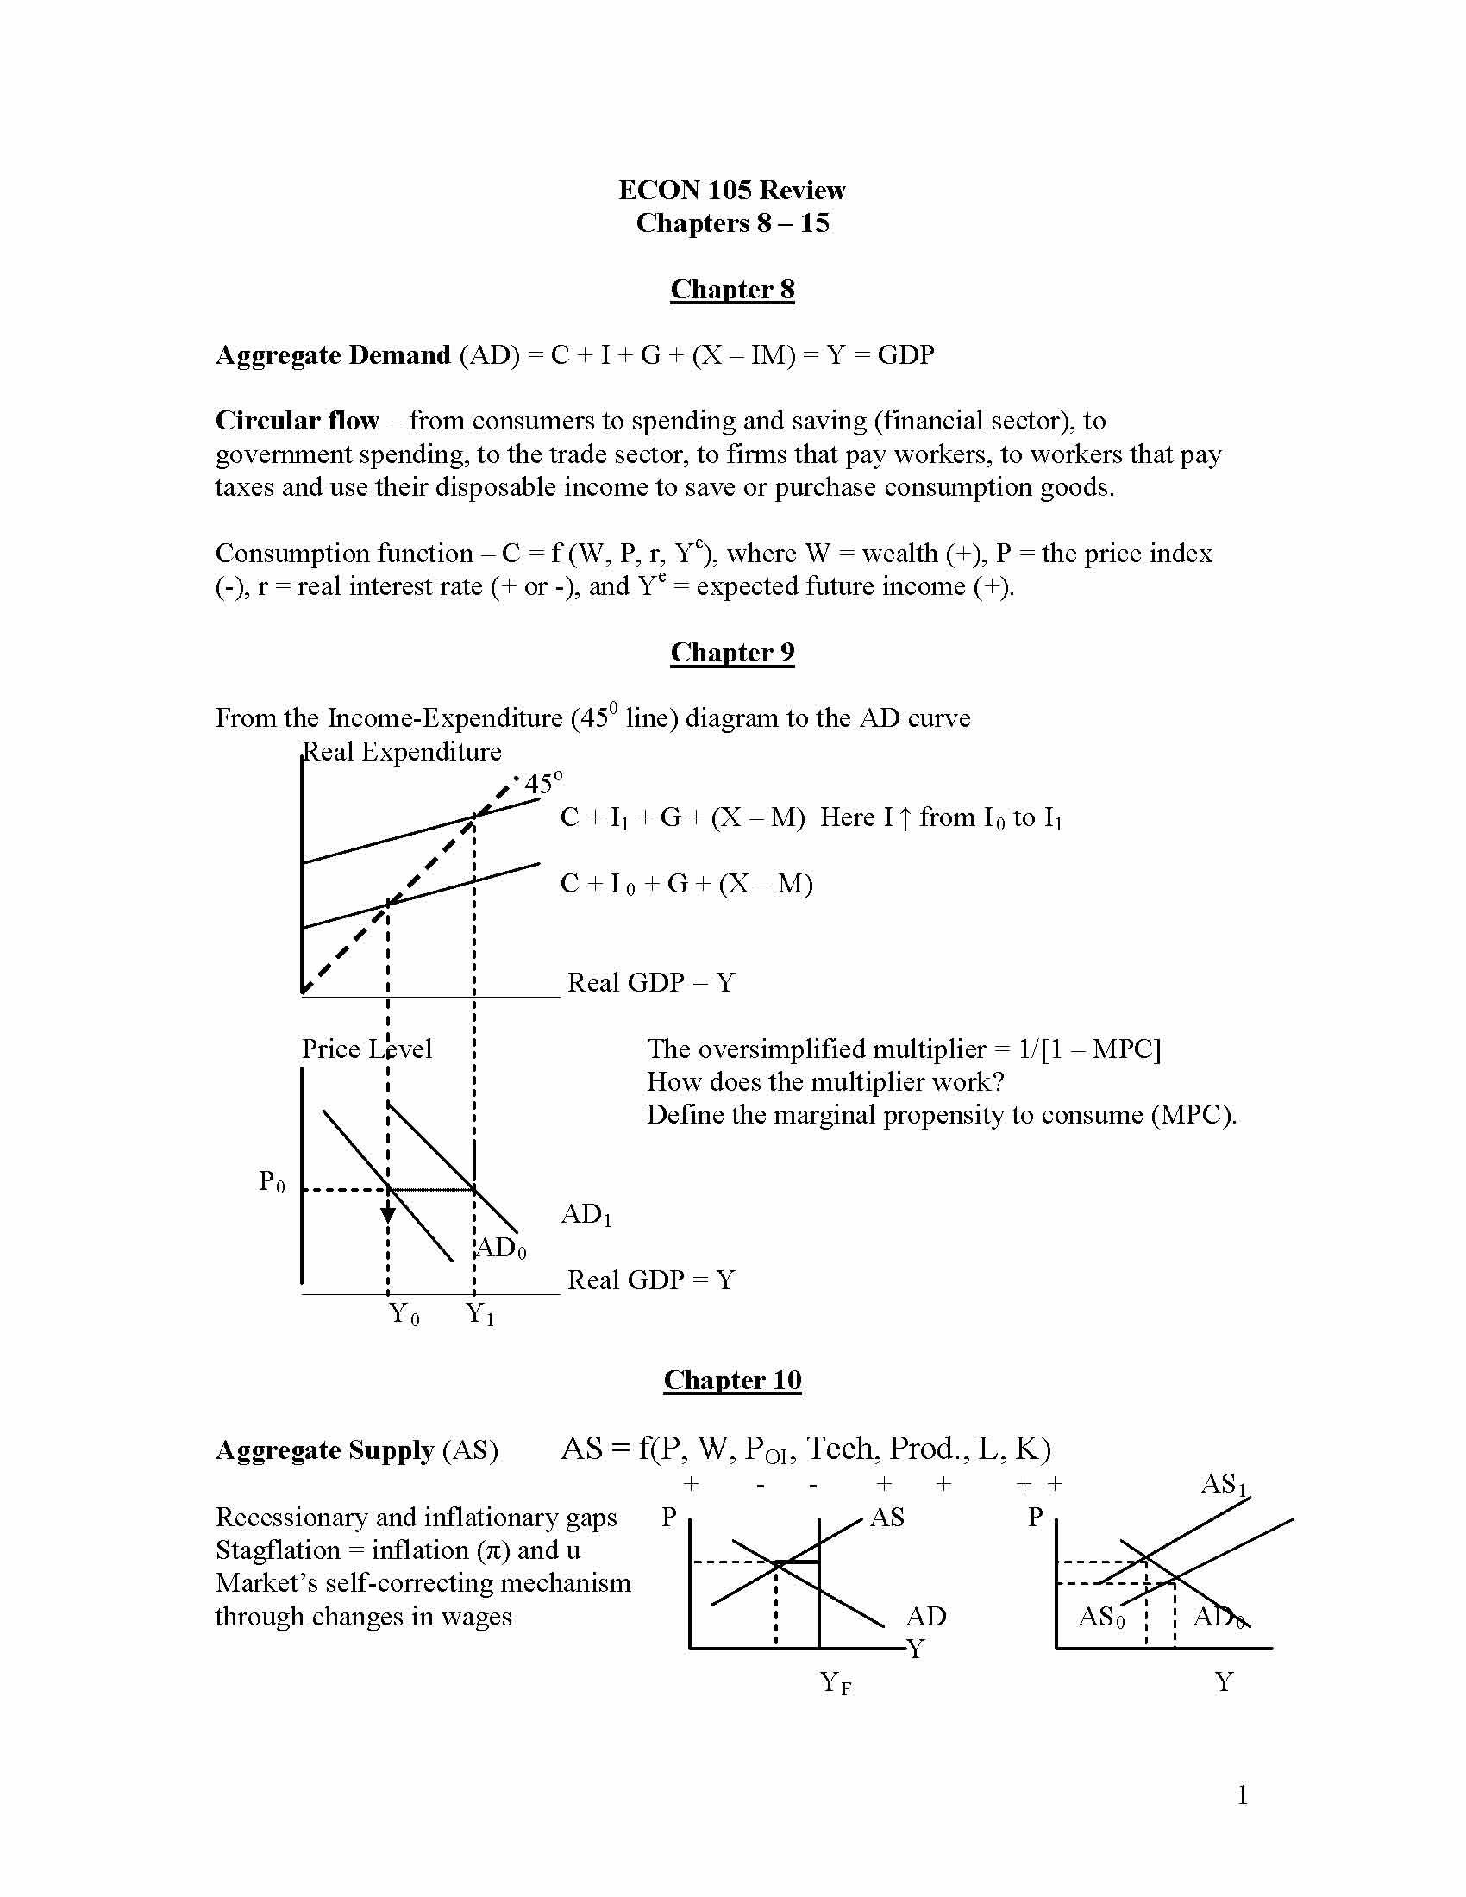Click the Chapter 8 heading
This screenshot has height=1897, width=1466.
[732, 289]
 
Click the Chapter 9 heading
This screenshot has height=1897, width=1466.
[732, 653]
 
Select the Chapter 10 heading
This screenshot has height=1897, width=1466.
[732, 1380]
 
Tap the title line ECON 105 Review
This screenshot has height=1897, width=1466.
[731, 191]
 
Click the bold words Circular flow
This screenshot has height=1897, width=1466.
[297, 422]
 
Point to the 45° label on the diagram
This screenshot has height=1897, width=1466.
[542, 783]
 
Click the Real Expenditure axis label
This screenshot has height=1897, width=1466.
[402, 752]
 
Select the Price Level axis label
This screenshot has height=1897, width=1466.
[366, 1049]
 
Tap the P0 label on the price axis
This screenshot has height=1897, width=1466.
[271, 1181]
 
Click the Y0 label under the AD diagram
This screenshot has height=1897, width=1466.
[404, 1313]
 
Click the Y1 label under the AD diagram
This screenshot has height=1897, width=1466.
[480, 1313]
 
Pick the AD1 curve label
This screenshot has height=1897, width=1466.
[586, 1214]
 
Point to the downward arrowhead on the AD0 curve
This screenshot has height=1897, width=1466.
[388, 1214]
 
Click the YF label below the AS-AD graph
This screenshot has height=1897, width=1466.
[836, 1683]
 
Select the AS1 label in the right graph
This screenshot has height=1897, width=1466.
[1223, 1484]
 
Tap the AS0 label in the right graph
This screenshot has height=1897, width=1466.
[1101, 1618]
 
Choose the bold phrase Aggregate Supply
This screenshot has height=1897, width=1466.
[325, 1451]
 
